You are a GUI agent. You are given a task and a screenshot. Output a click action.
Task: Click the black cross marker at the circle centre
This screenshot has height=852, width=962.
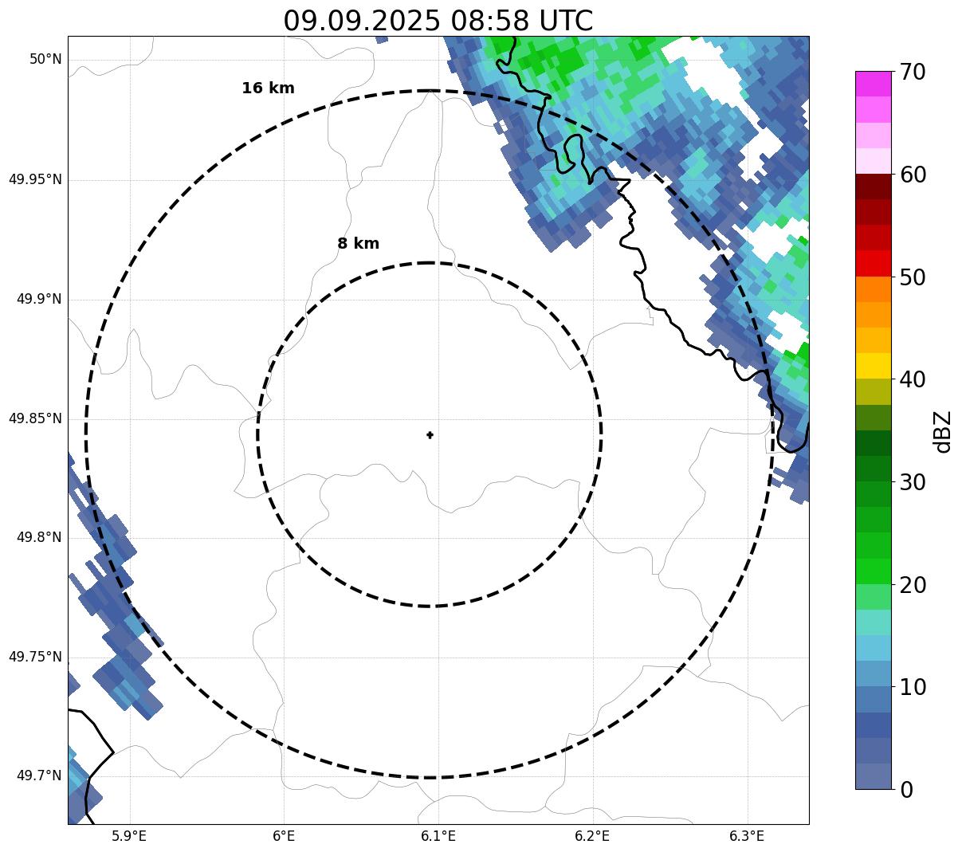tap(430, 434)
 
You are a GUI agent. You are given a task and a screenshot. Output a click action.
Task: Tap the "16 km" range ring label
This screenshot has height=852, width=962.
tap(268, 88)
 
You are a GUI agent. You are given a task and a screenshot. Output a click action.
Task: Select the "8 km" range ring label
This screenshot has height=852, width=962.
tap(358, 244)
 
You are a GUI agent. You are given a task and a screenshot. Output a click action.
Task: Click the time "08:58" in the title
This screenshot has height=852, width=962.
tap(486, 21)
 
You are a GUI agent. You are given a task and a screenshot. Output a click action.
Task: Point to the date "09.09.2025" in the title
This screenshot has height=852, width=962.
tap(361, 21)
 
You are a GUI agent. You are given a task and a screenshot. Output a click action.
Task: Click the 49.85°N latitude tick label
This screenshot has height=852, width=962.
tap(35, 418)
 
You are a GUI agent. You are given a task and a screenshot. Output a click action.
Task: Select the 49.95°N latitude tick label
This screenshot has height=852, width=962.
tap(35, 179)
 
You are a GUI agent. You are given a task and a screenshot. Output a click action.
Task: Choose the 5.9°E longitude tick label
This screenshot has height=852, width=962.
tap(129, 836)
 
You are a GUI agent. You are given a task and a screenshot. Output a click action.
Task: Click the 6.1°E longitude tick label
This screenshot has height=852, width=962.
tap(438, 836)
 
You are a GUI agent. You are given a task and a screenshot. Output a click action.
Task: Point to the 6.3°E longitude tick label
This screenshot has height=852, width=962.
tap(747, 836)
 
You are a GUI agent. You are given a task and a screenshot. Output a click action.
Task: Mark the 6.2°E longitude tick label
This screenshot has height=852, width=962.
tap(592, 836)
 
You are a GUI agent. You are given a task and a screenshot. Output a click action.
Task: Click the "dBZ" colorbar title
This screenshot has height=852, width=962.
tap(943, 431)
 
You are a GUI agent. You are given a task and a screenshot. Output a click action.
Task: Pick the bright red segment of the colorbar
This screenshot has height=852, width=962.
tap(873, 263)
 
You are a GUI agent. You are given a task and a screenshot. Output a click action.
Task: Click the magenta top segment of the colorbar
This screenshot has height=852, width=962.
tap(873, 84)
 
